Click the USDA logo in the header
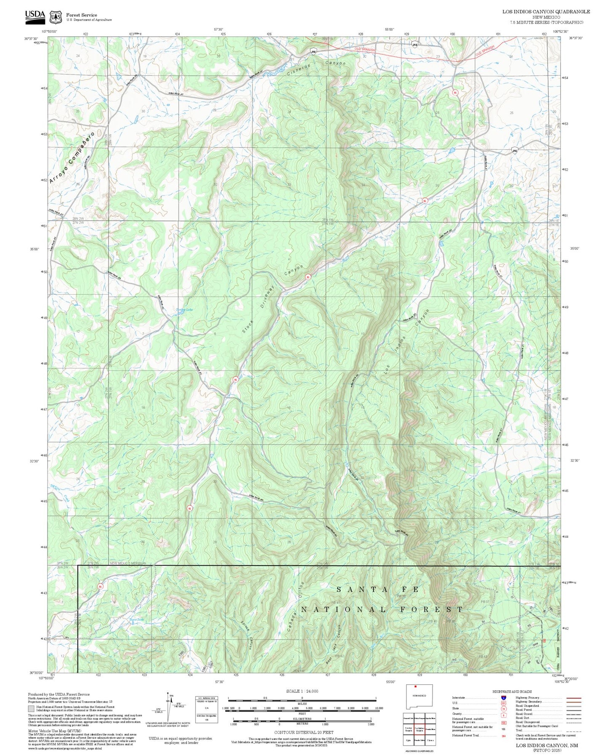click(35, 16)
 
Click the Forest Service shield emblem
click(56, 17)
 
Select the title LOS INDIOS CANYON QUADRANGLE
click(546, 12)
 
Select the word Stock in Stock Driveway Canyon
click(247, 327)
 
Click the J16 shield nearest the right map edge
click(514, 150)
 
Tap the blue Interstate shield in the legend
click(503, 698)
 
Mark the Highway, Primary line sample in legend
click(571, 698)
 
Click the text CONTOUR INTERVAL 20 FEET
click(301, 732)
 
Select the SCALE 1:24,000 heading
click(302, 691)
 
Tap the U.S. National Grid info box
click(207, 710)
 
